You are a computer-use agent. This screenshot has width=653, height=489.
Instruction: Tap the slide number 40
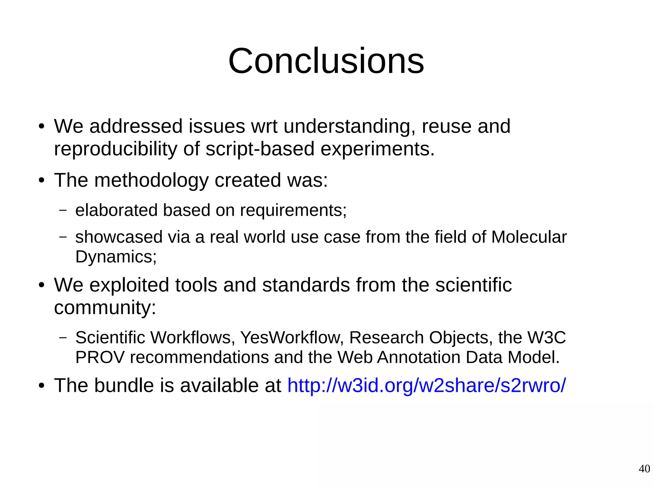tap(644, 469)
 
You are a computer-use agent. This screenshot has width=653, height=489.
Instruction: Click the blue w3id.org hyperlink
tap(427, 385)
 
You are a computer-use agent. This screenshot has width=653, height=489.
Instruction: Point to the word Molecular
tap(529, 237)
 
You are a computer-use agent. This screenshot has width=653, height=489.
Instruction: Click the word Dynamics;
tap(116, 256)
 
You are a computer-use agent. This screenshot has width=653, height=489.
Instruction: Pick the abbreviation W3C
tap(547, 337)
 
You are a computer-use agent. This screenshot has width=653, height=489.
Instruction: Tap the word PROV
tap(99, 357)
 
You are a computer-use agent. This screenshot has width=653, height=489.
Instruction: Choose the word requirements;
tap(293, 210)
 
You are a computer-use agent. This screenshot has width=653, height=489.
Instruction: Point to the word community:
tap(105, 307)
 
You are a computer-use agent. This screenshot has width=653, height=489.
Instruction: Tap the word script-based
tap(260, 149)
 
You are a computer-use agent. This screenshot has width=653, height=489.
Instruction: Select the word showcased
tap(119, 237)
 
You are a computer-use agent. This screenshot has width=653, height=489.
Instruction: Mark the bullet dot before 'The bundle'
tap(41, 386)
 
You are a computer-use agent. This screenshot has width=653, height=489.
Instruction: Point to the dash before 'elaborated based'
tap(63, 210)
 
